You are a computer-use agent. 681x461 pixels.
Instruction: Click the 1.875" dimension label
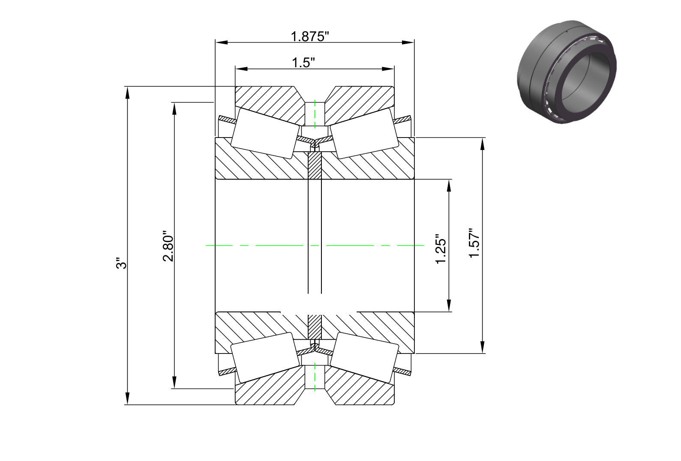pos(310,37)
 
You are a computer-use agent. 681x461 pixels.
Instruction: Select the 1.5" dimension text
pos(303,63)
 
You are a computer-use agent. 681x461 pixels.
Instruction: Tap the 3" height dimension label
pos(121,263)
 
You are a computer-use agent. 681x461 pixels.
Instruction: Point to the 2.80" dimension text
pos(168,248)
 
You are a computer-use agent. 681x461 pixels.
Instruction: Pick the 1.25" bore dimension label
pos(441,249)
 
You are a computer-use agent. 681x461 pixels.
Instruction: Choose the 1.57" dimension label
pos(474,243)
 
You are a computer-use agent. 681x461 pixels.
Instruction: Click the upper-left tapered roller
pos(265,133)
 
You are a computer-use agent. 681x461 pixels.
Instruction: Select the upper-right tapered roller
pos(364,133)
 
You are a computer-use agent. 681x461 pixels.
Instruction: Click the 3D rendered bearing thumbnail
pos(567,72)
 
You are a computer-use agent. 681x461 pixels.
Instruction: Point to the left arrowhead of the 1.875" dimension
pos(221,42)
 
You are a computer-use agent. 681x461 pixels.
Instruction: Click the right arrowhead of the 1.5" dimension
pos(388,69)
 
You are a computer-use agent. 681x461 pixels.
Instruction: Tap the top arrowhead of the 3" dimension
pos(127,93)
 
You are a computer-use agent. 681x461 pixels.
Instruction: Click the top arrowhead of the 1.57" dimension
pos(482,144)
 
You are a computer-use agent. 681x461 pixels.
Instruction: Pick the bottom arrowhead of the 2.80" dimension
pos(174,382)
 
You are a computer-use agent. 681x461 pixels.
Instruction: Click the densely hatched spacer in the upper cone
pos(315,166)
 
